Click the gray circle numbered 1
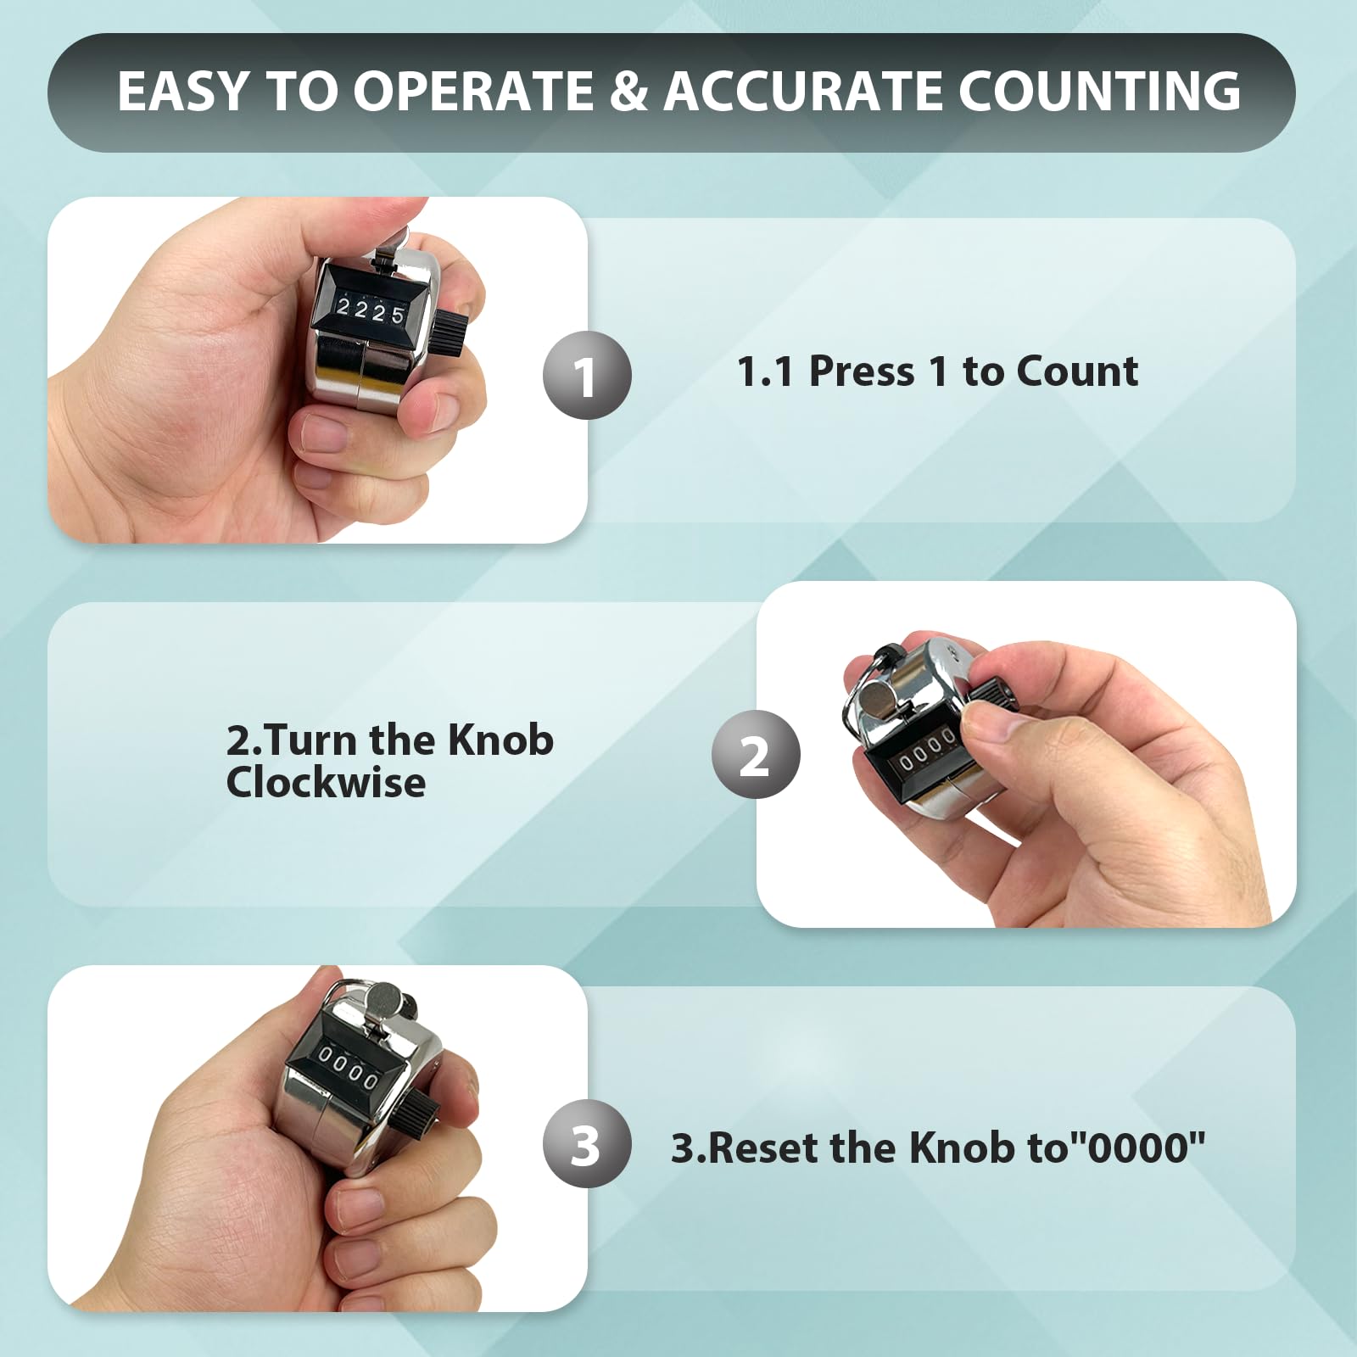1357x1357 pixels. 587,375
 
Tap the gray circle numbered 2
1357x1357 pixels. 756,754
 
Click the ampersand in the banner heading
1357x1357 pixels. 628,91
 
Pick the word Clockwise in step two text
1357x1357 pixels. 326,782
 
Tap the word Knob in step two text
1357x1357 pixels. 500,740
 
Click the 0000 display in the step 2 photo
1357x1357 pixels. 926,751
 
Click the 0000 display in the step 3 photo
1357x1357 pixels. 348,1066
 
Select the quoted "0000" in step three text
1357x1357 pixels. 1142,1148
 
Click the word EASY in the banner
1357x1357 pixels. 183,91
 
